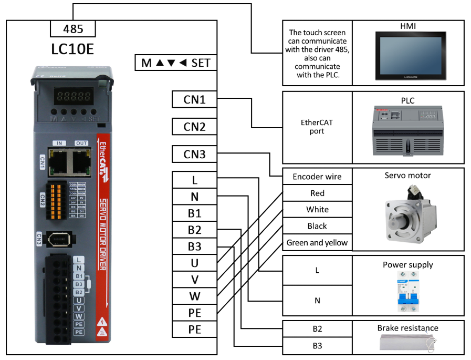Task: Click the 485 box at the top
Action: tap(73, 28)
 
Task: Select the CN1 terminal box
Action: tap(194, 99)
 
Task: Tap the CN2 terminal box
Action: tap(194, 127)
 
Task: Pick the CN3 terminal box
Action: tap(194, 155)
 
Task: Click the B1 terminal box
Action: tap(194, 213)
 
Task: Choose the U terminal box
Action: tap(194, 263)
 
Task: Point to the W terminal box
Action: tap(194, 296)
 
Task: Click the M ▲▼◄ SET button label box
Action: tap(176, 63)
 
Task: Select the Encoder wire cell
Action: tap(317, 177)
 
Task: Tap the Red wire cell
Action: tap(317, 193)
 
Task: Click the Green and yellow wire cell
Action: tap(317, 243)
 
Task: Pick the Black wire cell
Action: tap(317, 226)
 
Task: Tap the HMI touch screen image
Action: tap(408, 55)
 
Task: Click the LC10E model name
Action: tap(73, 49)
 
